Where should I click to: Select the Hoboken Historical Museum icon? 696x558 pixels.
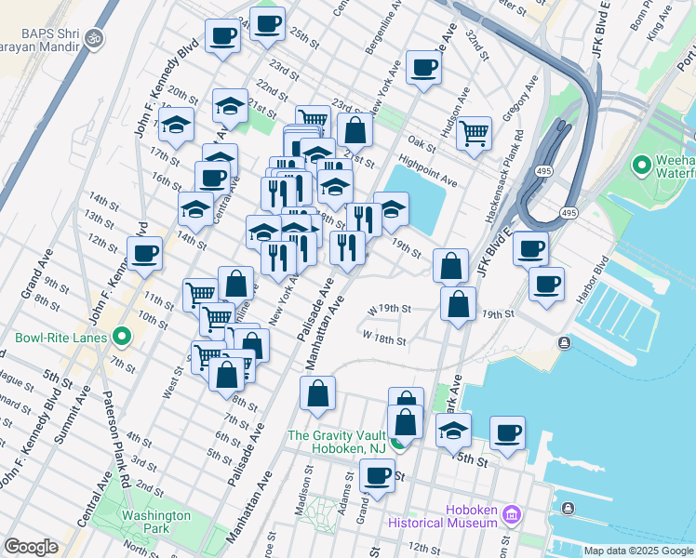(510, 514)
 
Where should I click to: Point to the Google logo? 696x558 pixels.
(31, 547)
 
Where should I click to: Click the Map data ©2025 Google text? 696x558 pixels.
(637, 551)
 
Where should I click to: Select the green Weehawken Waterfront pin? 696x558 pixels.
(641, 166)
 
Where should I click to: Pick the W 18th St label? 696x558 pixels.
(385, 339)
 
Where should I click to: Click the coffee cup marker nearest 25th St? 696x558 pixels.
(268, 24)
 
